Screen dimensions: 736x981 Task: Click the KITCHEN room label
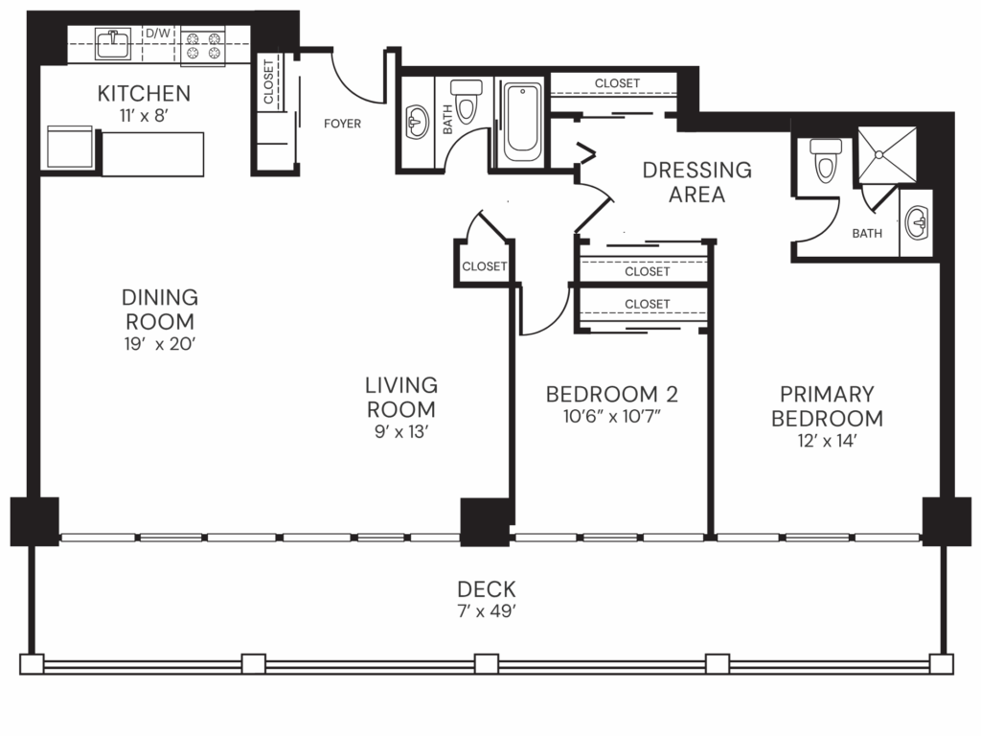144,93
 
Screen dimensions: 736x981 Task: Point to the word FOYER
342,123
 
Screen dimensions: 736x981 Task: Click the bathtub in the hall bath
522,122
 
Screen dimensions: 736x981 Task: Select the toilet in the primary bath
825,160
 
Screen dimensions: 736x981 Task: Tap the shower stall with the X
887,154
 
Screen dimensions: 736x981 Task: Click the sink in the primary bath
916,224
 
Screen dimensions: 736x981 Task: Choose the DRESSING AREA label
696,182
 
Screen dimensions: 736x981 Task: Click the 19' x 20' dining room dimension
159,343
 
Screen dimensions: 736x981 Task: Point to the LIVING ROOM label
400,397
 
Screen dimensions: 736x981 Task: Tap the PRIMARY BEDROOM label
827,405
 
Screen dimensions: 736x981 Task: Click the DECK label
486,588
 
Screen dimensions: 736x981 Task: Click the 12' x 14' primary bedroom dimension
827,442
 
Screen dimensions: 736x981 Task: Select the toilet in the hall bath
467,102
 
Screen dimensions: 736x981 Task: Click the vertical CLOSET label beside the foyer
268,82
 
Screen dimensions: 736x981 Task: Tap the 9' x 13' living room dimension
400,432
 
